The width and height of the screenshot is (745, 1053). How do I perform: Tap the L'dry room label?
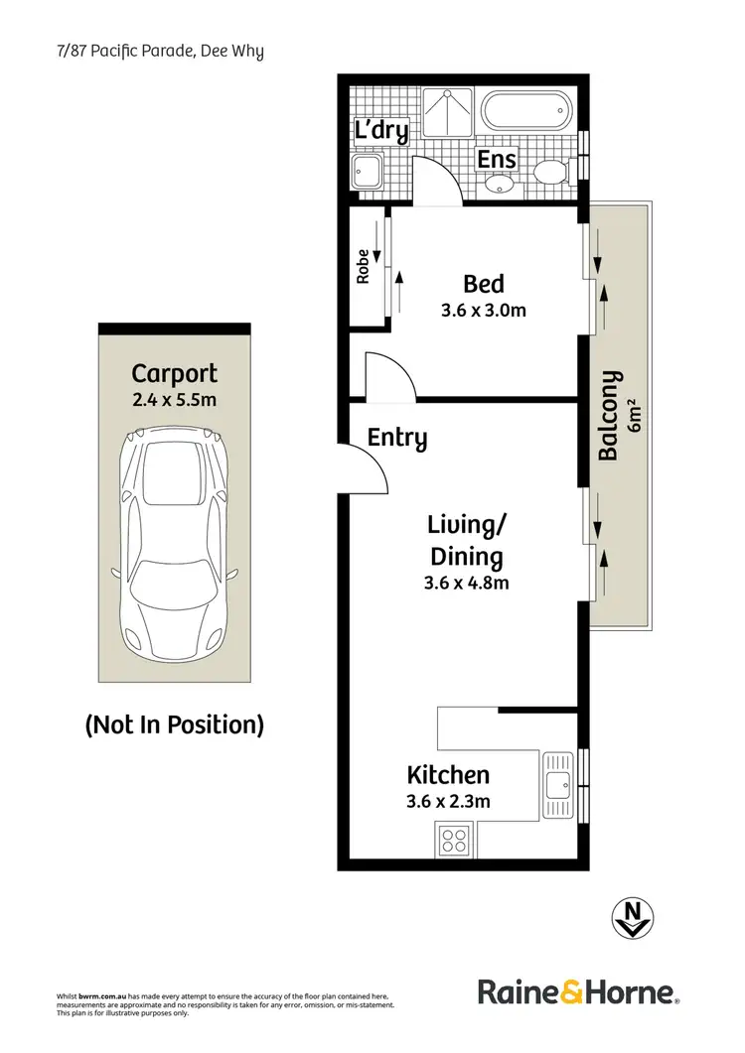[x=381, y=131]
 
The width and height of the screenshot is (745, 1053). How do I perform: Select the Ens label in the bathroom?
[x=497, y=159]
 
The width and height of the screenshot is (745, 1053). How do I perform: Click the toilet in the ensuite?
[x=550, y=173]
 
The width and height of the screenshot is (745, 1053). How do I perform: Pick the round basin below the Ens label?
[x=498, y=184]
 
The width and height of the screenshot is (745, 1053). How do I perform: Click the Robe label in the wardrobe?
[x=364, y=266]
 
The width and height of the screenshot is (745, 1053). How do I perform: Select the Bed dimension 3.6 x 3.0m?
[x=484, y=310]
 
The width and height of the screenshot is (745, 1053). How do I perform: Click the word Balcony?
[x=609, y=416]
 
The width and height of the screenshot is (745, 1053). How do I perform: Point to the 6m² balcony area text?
[x=636, y=416]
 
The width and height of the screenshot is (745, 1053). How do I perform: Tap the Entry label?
[x=397, y=438]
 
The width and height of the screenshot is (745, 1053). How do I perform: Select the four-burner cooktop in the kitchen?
[x=454, y=842]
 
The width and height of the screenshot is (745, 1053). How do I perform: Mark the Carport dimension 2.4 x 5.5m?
[x=175, y=400]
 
